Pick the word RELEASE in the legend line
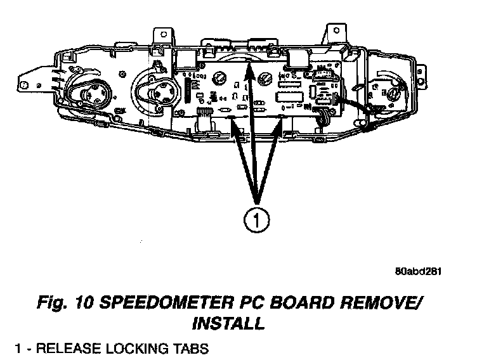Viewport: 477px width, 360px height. [x=63, y=349]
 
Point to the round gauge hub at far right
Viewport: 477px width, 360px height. [x=393, y=94]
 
